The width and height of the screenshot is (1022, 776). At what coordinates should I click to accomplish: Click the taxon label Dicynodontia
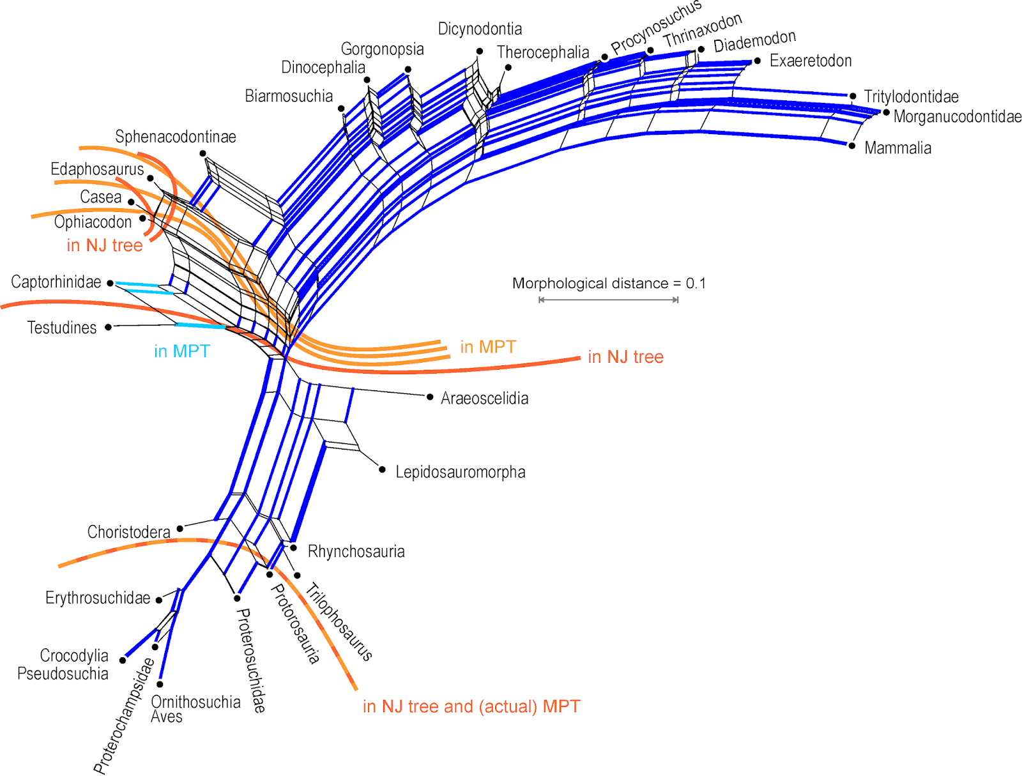tap(480, 29)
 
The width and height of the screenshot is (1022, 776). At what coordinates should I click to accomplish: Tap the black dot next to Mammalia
tap(851, 146)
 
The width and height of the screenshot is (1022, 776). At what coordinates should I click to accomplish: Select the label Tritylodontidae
tap(911, 96)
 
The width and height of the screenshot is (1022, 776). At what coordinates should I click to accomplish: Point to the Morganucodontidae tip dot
tap(886, 112)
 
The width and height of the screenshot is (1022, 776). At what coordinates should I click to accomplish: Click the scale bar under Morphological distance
tap(608, 300)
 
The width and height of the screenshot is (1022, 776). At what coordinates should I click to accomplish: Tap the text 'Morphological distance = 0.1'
tap(609, 283)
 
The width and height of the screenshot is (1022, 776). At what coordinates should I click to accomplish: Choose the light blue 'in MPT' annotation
tap(182, 351)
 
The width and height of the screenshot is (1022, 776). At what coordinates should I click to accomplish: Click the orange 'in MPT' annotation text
tap(488, 347)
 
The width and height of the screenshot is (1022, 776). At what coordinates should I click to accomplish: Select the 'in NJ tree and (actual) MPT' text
tap(471, 706)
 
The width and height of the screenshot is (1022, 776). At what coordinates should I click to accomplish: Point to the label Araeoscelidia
tap(484, 399)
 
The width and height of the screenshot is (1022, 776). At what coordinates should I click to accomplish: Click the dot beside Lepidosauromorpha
tap(382, 469)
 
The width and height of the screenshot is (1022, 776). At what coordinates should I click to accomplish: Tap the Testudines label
tap(62, 328)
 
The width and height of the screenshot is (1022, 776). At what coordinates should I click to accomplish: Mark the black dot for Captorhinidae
tap(111, 283)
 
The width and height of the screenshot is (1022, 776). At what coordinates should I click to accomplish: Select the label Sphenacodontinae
tap(176, 137)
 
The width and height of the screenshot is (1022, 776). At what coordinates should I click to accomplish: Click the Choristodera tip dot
tap(179, 528)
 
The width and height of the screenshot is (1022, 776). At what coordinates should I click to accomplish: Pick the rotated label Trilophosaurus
tap(339, 621)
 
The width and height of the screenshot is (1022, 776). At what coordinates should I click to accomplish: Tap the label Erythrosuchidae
tap(98, 598)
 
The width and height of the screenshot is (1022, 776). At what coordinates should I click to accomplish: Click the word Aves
tap(166, 717)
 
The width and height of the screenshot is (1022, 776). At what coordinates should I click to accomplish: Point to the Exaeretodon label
tap(811, 61)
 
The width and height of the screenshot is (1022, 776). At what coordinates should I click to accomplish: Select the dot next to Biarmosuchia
tap(341, 109)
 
